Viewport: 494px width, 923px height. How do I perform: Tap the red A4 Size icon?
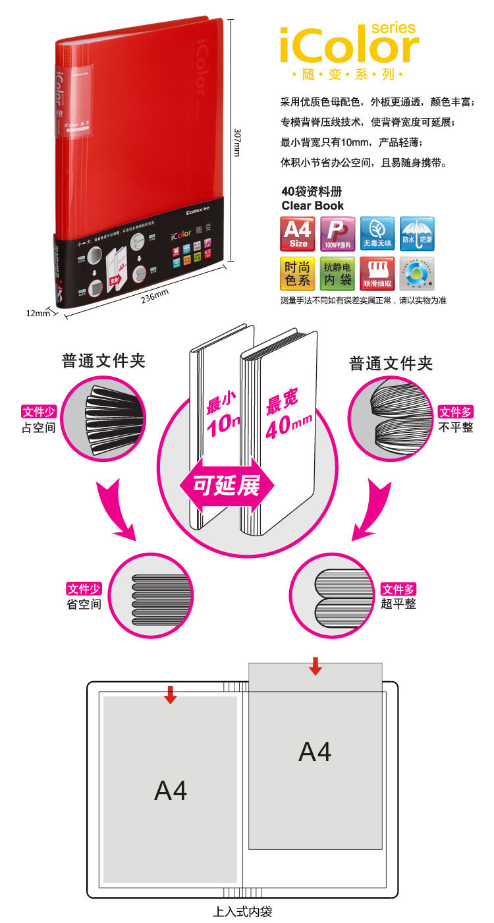click(298, 233)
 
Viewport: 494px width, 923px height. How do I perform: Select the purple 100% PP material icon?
click(337, 233)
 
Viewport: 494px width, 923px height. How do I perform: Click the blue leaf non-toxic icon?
click(377, 233)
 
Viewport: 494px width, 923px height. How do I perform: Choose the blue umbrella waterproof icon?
click(417, 233)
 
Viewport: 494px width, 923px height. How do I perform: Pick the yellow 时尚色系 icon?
click(298, 273)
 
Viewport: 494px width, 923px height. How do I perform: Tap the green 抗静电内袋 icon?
click(337, 273)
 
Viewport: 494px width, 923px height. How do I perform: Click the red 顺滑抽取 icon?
click(377, 273)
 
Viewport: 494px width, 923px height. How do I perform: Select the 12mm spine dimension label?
click(38, 313)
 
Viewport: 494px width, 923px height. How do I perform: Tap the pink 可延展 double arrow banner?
click(226, 485)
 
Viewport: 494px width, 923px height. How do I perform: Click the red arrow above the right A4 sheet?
click(316, 665)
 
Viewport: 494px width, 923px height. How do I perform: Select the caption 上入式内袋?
click(242, 912)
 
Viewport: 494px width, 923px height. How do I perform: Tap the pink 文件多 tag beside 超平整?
click(398, 589)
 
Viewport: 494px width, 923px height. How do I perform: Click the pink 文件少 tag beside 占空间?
click(38, 412)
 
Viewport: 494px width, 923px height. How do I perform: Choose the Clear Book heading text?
click(312, 206)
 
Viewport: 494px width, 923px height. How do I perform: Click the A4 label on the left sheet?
click(171, 790)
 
